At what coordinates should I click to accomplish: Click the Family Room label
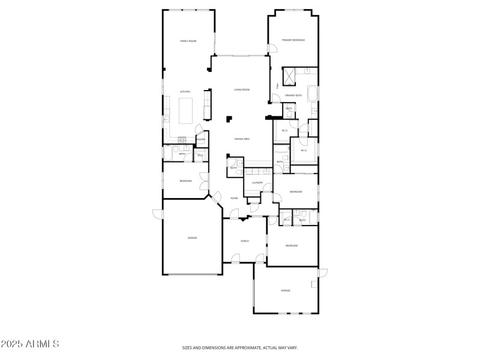click(x=189, y=41)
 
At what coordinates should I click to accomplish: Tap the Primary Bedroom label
click(x=294, y=40)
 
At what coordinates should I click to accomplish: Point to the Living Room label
click(x=242, y=89)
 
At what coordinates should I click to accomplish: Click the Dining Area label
click(x=242, y=139)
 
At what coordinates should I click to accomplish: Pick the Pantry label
click(x=201, y=139)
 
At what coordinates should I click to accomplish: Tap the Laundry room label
click(x=257, y=182)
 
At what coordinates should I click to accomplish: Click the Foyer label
click(x=234, y=198)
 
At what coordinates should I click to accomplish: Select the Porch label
click(x=245, y=241)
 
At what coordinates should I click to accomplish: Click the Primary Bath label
click(x=293, y=95)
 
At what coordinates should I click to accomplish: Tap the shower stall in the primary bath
click(x=289, y=76)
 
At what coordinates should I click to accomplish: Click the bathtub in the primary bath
click(x=312, y=94)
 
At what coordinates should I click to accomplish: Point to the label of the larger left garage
click(x=192, y=238)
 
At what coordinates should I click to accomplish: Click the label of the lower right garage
click(x=286, y=290)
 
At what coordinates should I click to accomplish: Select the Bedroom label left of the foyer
click(x=185, y=181)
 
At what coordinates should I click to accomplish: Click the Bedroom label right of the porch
click(x=292, y=245)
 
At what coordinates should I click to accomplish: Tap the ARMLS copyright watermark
click(x=30, y=344)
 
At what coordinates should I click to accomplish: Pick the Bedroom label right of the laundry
click(x=295, y=191)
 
